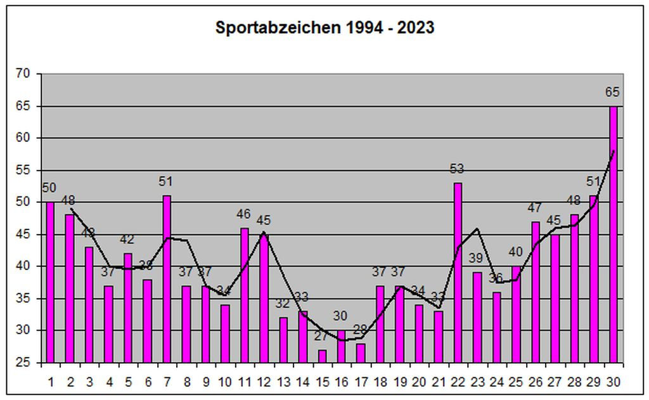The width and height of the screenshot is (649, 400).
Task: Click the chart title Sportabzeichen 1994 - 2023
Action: tap(324, 28)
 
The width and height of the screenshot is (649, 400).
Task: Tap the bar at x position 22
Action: tap(458, 273)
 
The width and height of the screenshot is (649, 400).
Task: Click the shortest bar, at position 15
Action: tap(322, 356)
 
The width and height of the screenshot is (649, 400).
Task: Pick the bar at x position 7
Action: tap(167, 279)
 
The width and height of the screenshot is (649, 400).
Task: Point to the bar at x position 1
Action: tap(50, 282)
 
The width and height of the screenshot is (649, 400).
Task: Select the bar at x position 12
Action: tap(264, 298)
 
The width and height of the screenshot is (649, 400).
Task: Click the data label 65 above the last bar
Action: tap(612, 92)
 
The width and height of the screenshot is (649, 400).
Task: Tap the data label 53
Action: tap(458, 169)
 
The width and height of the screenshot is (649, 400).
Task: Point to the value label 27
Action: tap(322, 337)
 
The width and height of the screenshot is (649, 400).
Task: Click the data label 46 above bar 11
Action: tap(244, 214)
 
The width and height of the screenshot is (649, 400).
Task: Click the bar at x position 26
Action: tap(536, 292)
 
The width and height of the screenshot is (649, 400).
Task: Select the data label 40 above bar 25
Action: tap(515, 252)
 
